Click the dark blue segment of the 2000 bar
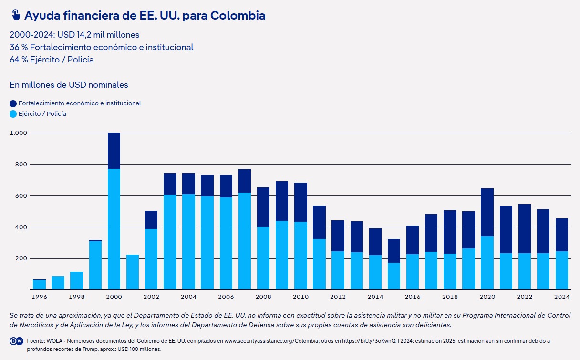[x=114, y=151]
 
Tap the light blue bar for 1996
[x=39, y=285]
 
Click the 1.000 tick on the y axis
[x=18, y=133]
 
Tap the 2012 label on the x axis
[x=338, y=297]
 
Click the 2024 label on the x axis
[x=562, y=297]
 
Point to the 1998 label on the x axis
[x=77, y=297]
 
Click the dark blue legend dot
[x=13, y=103]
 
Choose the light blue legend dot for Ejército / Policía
[x=13, y=114]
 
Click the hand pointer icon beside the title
[x=15, y=15]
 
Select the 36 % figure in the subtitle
[x=18, y=47]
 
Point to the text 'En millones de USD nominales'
[x=69, y=85]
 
